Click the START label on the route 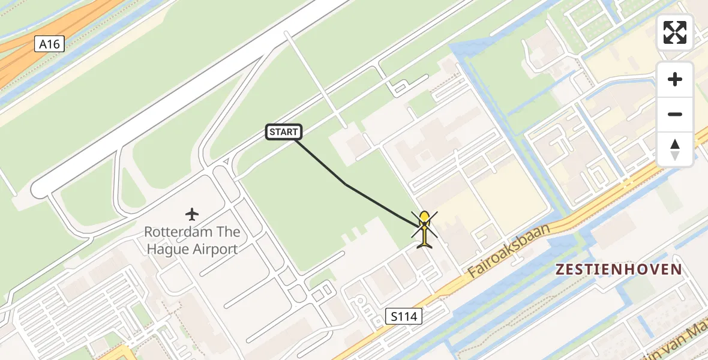pos(283,132)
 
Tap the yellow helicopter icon pos(425,230)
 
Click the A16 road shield pos(49,44)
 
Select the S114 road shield pos(404,316)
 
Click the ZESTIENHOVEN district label pos(619,269)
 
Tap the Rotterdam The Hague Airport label pos(192,240)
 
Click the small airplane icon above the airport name pos(192,214)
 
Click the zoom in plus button pos(675,79)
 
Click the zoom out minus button pos(675,114)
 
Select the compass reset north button pos(675,149)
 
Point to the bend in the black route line pos(346,185)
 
